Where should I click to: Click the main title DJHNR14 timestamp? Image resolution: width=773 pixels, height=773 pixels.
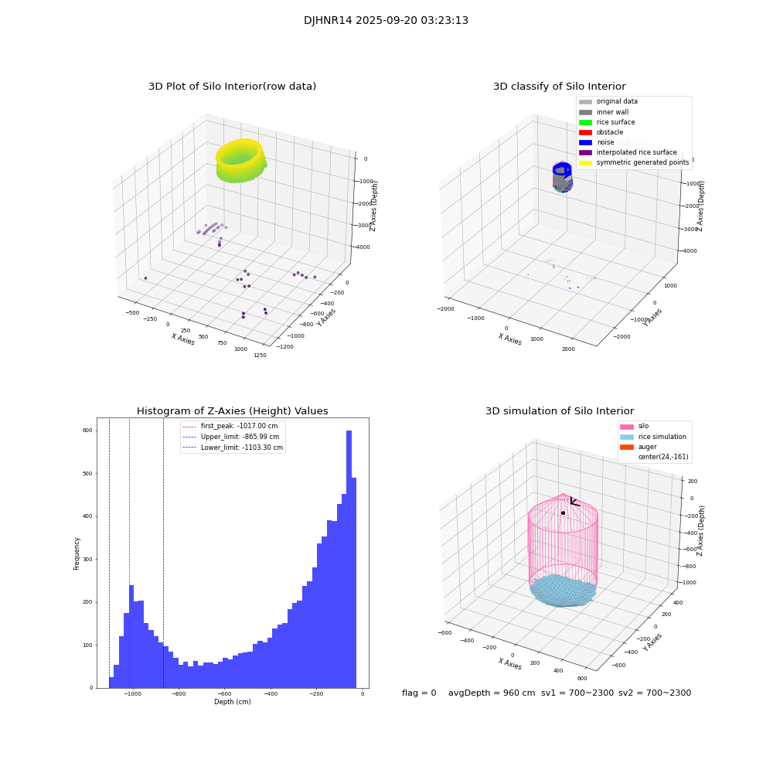tap(386, 21)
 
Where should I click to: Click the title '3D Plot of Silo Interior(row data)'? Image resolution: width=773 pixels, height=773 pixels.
tap(232, 87)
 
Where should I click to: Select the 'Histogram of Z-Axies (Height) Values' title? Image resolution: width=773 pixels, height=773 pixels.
tap(232, 411)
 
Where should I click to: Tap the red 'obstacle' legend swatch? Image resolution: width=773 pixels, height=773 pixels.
tap(585, 132)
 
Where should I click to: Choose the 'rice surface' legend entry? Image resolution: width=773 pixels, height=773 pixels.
tap(616, 122)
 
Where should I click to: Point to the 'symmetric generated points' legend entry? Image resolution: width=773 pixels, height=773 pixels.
tap(642, 162)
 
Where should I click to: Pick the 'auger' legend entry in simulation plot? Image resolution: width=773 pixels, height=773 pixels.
tap(647, 447)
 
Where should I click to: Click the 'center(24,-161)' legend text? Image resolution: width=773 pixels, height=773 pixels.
tap(662, 457)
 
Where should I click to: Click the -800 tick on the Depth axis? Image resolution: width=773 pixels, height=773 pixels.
tap(179, 694)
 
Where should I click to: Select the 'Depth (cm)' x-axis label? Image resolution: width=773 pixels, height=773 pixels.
tap(232, 702)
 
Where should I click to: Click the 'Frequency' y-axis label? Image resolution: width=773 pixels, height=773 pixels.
tap(77, 553)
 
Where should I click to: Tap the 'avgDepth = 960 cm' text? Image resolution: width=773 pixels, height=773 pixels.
tap(492, 693)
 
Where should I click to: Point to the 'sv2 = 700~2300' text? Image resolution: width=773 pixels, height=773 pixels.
tap(654, 693)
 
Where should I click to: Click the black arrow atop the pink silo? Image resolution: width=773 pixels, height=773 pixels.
tap(574, 502)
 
